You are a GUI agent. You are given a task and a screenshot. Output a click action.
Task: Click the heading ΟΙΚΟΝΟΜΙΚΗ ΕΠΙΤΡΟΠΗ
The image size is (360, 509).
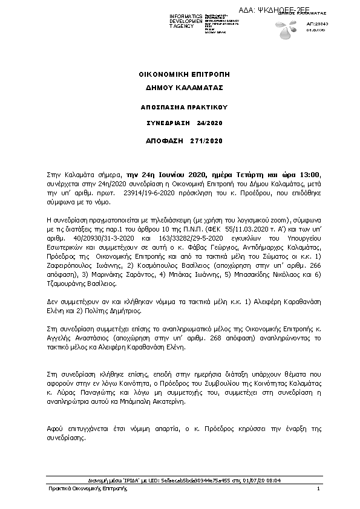click(x=180, y=74)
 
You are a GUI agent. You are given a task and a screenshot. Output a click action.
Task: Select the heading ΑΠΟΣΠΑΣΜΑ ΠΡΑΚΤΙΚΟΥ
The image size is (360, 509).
click(x=180, y=105)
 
